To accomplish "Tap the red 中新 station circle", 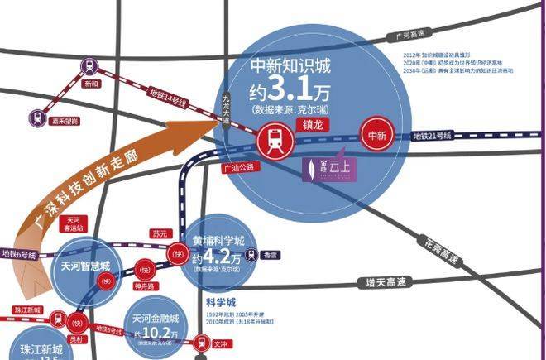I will [x=378, y=134].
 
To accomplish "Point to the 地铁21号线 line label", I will [x=432, y=136].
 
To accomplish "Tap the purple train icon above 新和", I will [x=88, y=65].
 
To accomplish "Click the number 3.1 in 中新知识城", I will [x=293, y=87].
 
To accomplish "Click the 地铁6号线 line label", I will [x=20, y=253].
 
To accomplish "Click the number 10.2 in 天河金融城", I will [x=156, y=333].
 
